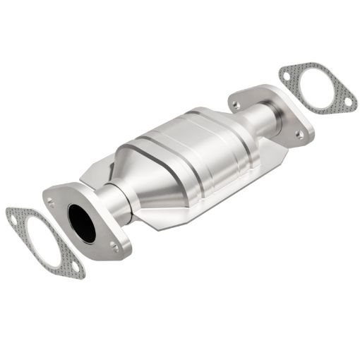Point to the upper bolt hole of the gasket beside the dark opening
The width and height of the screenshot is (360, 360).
click(15, 219)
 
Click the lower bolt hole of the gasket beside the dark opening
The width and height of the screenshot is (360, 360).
click(76, 267)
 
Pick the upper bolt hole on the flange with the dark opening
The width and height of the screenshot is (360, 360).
click(51, 203)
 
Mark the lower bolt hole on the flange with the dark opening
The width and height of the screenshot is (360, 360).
click(114, 246)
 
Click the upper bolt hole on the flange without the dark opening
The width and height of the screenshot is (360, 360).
click(236, 104)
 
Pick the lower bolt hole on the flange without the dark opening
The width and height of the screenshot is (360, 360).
click(299, 133)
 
